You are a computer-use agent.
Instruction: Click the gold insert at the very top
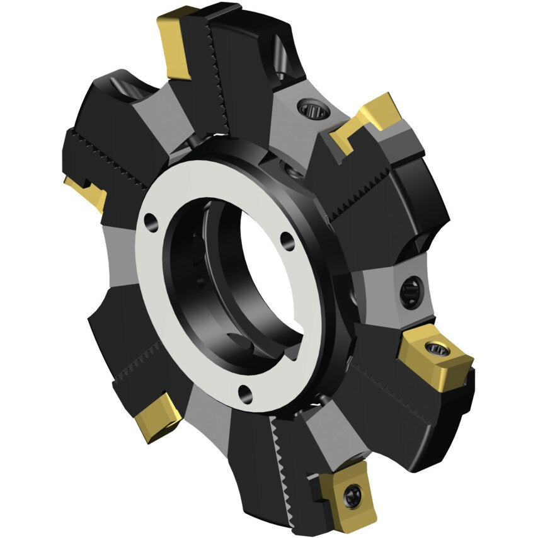pos(175,44)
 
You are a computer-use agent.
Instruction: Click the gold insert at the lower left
pos(157,419)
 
